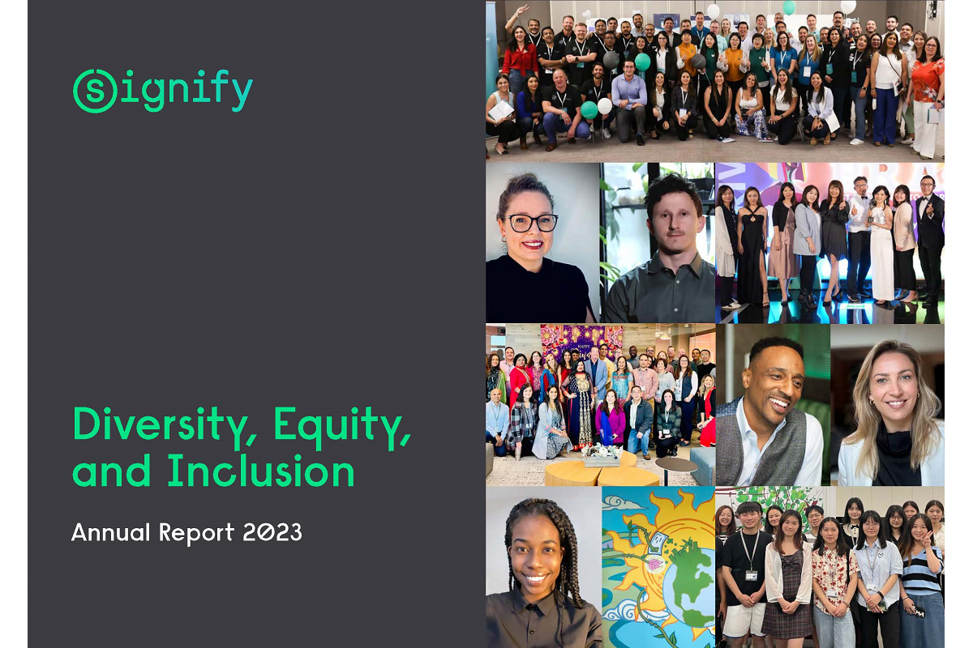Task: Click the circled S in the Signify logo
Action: pyautogui.click(x=95, y=92)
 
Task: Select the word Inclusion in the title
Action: pyautogui.click(x=261, y=471)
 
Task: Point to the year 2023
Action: pyautogui.click(x=272, y=532)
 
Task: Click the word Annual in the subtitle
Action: pyautogui.click(x=110, y=532)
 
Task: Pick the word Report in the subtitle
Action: pyautogui.click(x=196, y=533)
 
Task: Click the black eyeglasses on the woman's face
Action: pyautogui.click(x=533, y=223)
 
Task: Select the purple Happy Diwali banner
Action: pyautogui.click(x=581, y=342)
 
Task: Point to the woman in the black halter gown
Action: pyautogui.click(x=752, y=245)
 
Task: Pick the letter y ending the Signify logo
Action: pyautogui.click(x=242, y=93)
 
